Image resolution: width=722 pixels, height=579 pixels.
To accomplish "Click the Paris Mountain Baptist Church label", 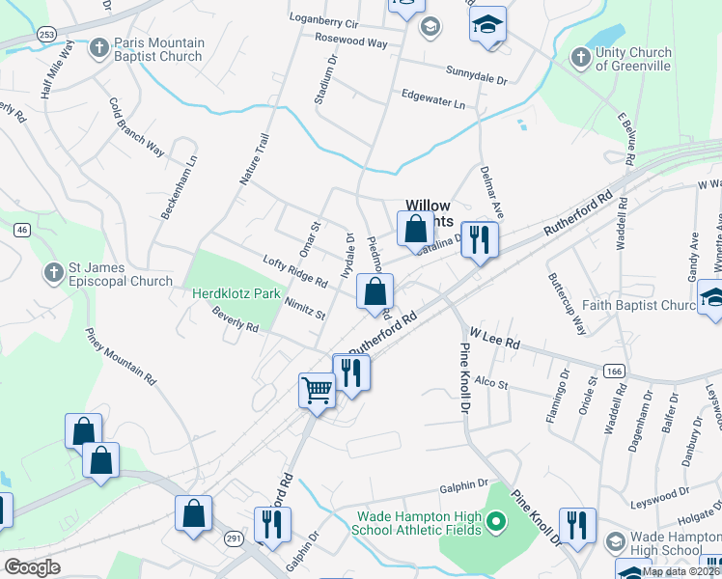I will point(159,49).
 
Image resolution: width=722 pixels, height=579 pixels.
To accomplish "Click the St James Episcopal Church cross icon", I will point(53,274).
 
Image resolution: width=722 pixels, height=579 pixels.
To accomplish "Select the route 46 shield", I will point(22,230).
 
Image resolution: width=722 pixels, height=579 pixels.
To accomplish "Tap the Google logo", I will point(32,567).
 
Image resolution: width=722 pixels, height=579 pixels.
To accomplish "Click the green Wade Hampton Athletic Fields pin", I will point(496,524).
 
